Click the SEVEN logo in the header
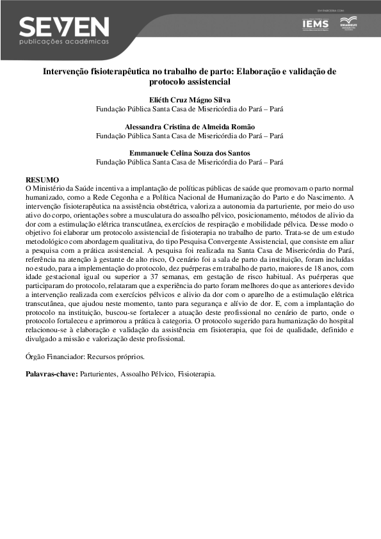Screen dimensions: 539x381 tap(64, 26)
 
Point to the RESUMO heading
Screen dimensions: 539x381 tap(42, 181)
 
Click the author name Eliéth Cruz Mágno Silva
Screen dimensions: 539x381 tap(190, 101)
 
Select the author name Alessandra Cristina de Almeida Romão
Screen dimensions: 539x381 tap(190, 127)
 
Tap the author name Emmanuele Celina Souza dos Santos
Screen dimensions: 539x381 tap(190, 153)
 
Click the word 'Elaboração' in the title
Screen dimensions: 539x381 tap(259, 71)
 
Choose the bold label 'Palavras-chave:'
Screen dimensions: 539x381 tap(51, 373)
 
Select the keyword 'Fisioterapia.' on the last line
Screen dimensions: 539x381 tap(197, 373)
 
